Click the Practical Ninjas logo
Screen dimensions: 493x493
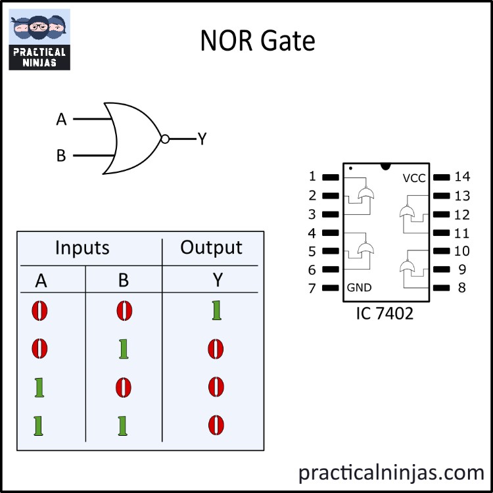pos(39,39)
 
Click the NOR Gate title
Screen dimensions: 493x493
pos(258,41)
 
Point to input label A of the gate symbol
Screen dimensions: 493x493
pos(61,120)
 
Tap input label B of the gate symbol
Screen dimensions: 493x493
pos(61,156)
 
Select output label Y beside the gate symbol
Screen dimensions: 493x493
pos(202,139)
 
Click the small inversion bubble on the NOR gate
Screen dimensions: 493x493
pos(165,139)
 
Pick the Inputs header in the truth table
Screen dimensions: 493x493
pos(82,248)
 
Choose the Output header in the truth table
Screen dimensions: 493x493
pos(211,248)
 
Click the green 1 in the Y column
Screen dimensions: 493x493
pos(216,310)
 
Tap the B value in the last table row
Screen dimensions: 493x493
pos(124,426)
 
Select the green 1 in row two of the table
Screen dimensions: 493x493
pos(124,349)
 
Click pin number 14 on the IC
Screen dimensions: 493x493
pos(462,177)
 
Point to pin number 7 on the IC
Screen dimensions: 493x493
pos(312,288)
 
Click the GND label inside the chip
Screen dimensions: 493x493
pos(359,288)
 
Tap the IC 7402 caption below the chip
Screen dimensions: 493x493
pos(385,314)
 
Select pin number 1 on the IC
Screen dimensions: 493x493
pos(312,177)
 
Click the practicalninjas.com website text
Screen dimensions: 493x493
pos(391,472)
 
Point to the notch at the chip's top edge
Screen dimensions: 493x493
pos(385,165)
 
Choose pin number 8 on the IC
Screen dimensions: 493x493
pos(461,288)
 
